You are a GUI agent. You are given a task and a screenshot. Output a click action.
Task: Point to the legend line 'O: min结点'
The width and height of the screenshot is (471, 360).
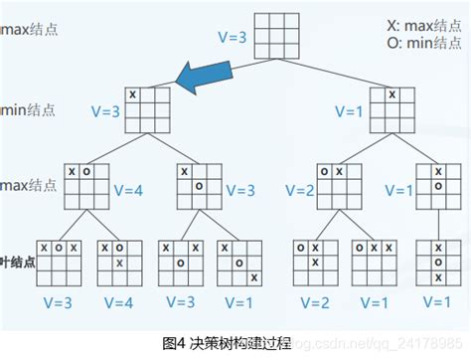point(424,44)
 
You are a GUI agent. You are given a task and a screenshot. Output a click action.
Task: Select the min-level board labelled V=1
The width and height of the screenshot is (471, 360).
point(391,107)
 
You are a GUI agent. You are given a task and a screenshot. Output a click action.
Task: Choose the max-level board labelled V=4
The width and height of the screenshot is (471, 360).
point(84,184)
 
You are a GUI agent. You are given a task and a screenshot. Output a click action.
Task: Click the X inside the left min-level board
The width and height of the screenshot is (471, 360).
point(133,94)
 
